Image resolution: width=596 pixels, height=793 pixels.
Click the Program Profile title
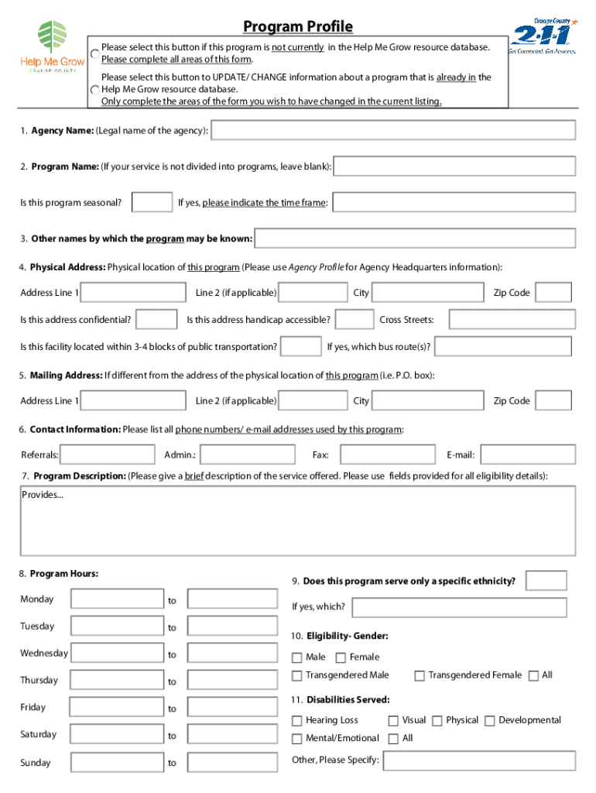[298, 27]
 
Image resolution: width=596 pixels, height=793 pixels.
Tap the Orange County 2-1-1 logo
[541, 36]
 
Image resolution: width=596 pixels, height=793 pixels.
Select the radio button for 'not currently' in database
[94, 53]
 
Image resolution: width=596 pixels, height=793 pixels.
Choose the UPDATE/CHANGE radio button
[94, 89]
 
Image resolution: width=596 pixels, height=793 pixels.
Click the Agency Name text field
[393, 131]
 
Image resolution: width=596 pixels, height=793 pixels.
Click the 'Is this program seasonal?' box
[152, 203]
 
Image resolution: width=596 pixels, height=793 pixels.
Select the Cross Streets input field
[512, 320]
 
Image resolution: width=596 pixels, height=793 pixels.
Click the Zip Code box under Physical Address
[553, 293]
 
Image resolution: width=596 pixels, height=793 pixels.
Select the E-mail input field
[527, 455]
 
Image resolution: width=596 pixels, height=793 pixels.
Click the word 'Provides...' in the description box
[43, 495]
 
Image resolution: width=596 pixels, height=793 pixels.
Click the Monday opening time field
[117, 599]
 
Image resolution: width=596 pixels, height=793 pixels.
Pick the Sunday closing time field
[232, 763]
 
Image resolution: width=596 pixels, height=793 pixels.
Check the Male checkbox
[296, 657]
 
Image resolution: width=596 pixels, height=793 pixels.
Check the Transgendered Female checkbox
[420, 676]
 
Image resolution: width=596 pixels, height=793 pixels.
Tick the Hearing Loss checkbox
[296, 721]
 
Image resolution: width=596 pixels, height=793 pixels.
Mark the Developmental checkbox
[489, 721]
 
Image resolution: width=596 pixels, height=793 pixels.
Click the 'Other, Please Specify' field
[479, 760]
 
